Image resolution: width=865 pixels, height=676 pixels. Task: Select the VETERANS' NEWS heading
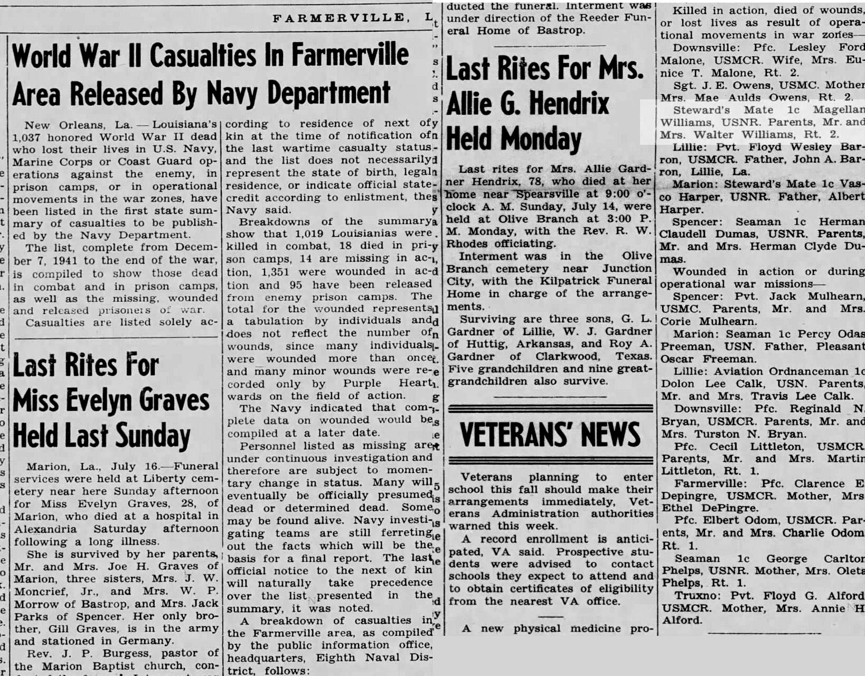coord(550,434)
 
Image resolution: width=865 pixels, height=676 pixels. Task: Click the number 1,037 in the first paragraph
coord(27,136)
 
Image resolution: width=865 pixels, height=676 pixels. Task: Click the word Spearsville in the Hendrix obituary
coord(543,193)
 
